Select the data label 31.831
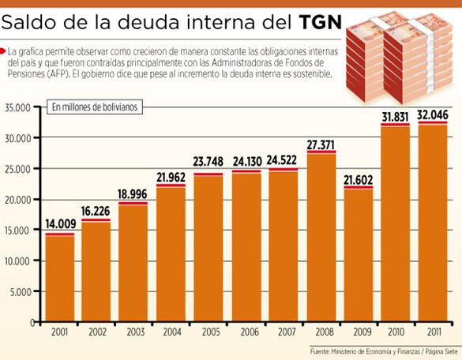395,117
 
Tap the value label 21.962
171,177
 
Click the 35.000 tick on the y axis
17,107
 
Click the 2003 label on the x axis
134,332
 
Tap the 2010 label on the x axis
395,332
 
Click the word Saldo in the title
37,21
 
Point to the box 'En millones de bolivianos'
95,106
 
